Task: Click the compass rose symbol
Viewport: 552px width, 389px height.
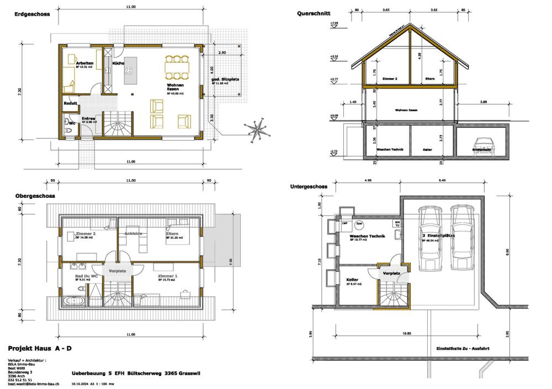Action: click(256, 129)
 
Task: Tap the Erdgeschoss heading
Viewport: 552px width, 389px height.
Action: click(29, 15)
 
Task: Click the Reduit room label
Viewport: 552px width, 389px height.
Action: click(70, 103)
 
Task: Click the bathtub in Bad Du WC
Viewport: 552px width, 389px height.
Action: click(73, 300)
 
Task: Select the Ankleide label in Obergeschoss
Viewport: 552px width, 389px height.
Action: click(134, 234)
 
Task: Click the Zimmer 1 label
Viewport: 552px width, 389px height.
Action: click(167, 275)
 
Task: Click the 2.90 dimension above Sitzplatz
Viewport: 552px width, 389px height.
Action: click(222, 52)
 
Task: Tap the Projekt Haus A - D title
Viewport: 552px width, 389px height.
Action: click(40, 349)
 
